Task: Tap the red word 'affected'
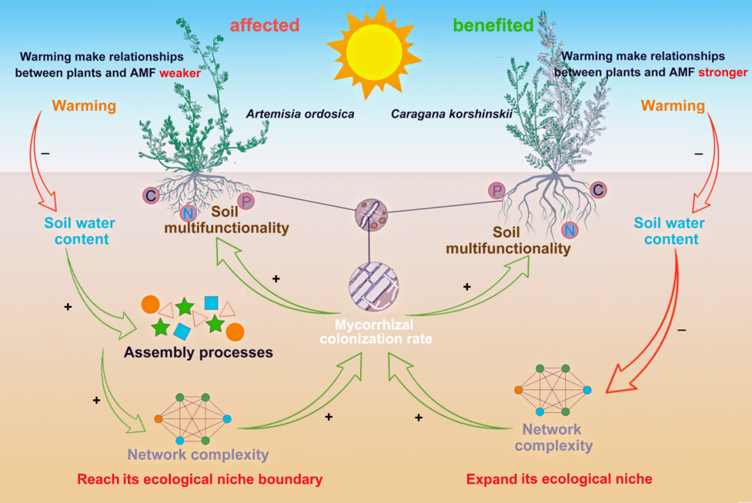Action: click(x=264, y=25)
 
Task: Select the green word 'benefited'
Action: click(x=493, y=25)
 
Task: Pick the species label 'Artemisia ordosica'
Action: click(x=300, y=114)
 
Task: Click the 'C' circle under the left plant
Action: click(x=152, y=196)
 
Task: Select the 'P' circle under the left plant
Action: click(x=246, y=202)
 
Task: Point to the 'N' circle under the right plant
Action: click(x=570, y=228)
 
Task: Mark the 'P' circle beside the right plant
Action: click(x=496, y=190)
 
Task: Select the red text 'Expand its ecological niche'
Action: click(x=560, y=479)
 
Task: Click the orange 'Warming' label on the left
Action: click(x=84, y=105)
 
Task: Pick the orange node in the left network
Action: click(x=158, y=419)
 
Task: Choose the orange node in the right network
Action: click(x=518, y=390)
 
